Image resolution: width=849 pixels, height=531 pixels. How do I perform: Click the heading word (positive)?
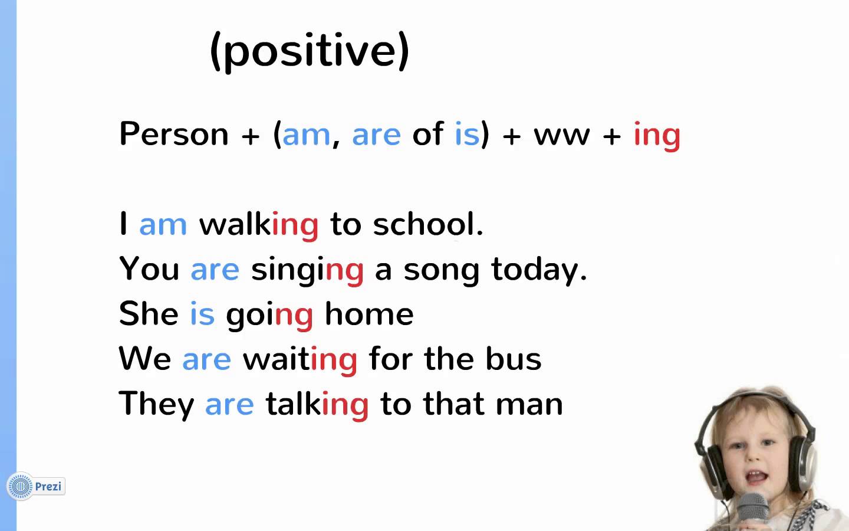(310, 51)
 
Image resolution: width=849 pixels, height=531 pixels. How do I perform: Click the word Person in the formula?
(174, 133)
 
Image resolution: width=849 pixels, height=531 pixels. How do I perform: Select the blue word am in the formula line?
(306, 135)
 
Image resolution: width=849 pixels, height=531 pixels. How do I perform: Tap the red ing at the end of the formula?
(657, 136)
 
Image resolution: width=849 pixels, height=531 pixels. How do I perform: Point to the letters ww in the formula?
(562, 136)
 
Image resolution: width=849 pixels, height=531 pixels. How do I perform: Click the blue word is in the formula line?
(467, 133)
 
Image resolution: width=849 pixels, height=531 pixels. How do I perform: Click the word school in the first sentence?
(424, 224)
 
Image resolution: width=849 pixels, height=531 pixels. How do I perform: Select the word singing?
(307, 271)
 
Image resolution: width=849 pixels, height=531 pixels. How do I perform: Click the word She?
(149, 313)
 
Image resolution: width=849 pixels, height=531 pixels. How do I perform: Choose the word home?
(370, 313)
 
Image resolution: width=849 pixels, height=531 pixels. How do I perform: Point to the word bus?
(514, 358)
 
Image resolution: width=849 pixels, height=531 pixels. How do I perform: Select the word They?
(156, 405)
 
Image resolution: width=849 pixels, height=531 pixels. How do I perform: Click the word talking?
(317, 405)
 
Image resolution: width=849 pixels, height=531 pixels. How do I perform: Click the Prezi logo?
(36, 486)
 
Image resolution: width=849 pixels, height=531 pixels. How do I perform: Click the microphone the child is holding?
(752, 512)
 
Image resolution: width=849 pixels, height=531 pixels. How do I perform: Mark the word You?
(149, 268)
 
